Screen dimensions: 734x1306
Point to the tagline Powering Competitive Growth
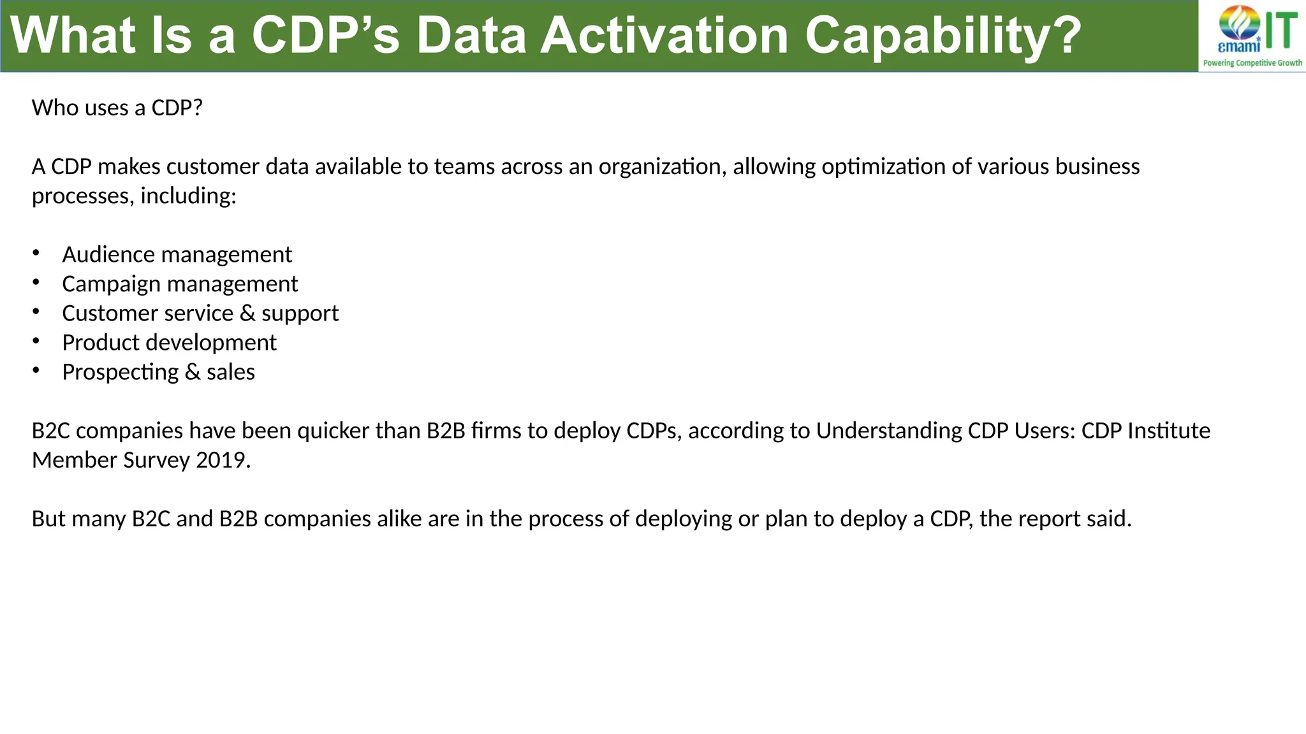pos(1252,63)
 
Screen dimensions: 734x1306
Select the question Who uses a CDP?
pos(117,108)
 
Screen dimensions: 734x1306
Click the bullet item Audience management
pos(177,255)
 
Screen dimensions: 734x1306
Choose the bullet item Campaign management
pos(180,284)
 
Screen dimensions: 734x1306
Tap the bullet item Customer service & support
pos(200,313)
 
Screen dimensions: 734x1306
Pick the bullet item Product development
pos(169,343)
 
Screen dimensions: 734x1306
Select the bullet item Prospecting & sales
pos(158,372)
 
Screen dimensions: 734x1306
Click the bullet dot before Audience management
pos(36,253)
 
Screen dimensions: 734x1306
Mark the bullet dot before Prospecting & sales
pos(36,370)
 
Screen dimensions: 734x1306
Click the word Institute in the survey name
pos(1169,431)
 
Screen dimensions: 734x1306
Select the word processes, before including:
pos(83,196)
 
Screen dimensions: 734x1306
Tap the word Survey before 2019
pos(156,460)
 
